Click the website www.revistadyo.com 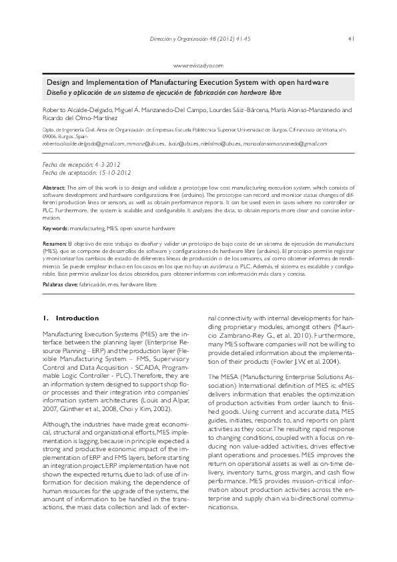pos(198,65)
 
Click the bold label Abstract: pos(53,189)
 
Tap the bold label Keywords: pos(56,228)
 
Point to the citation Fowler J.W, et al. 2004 pos(319,361)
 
